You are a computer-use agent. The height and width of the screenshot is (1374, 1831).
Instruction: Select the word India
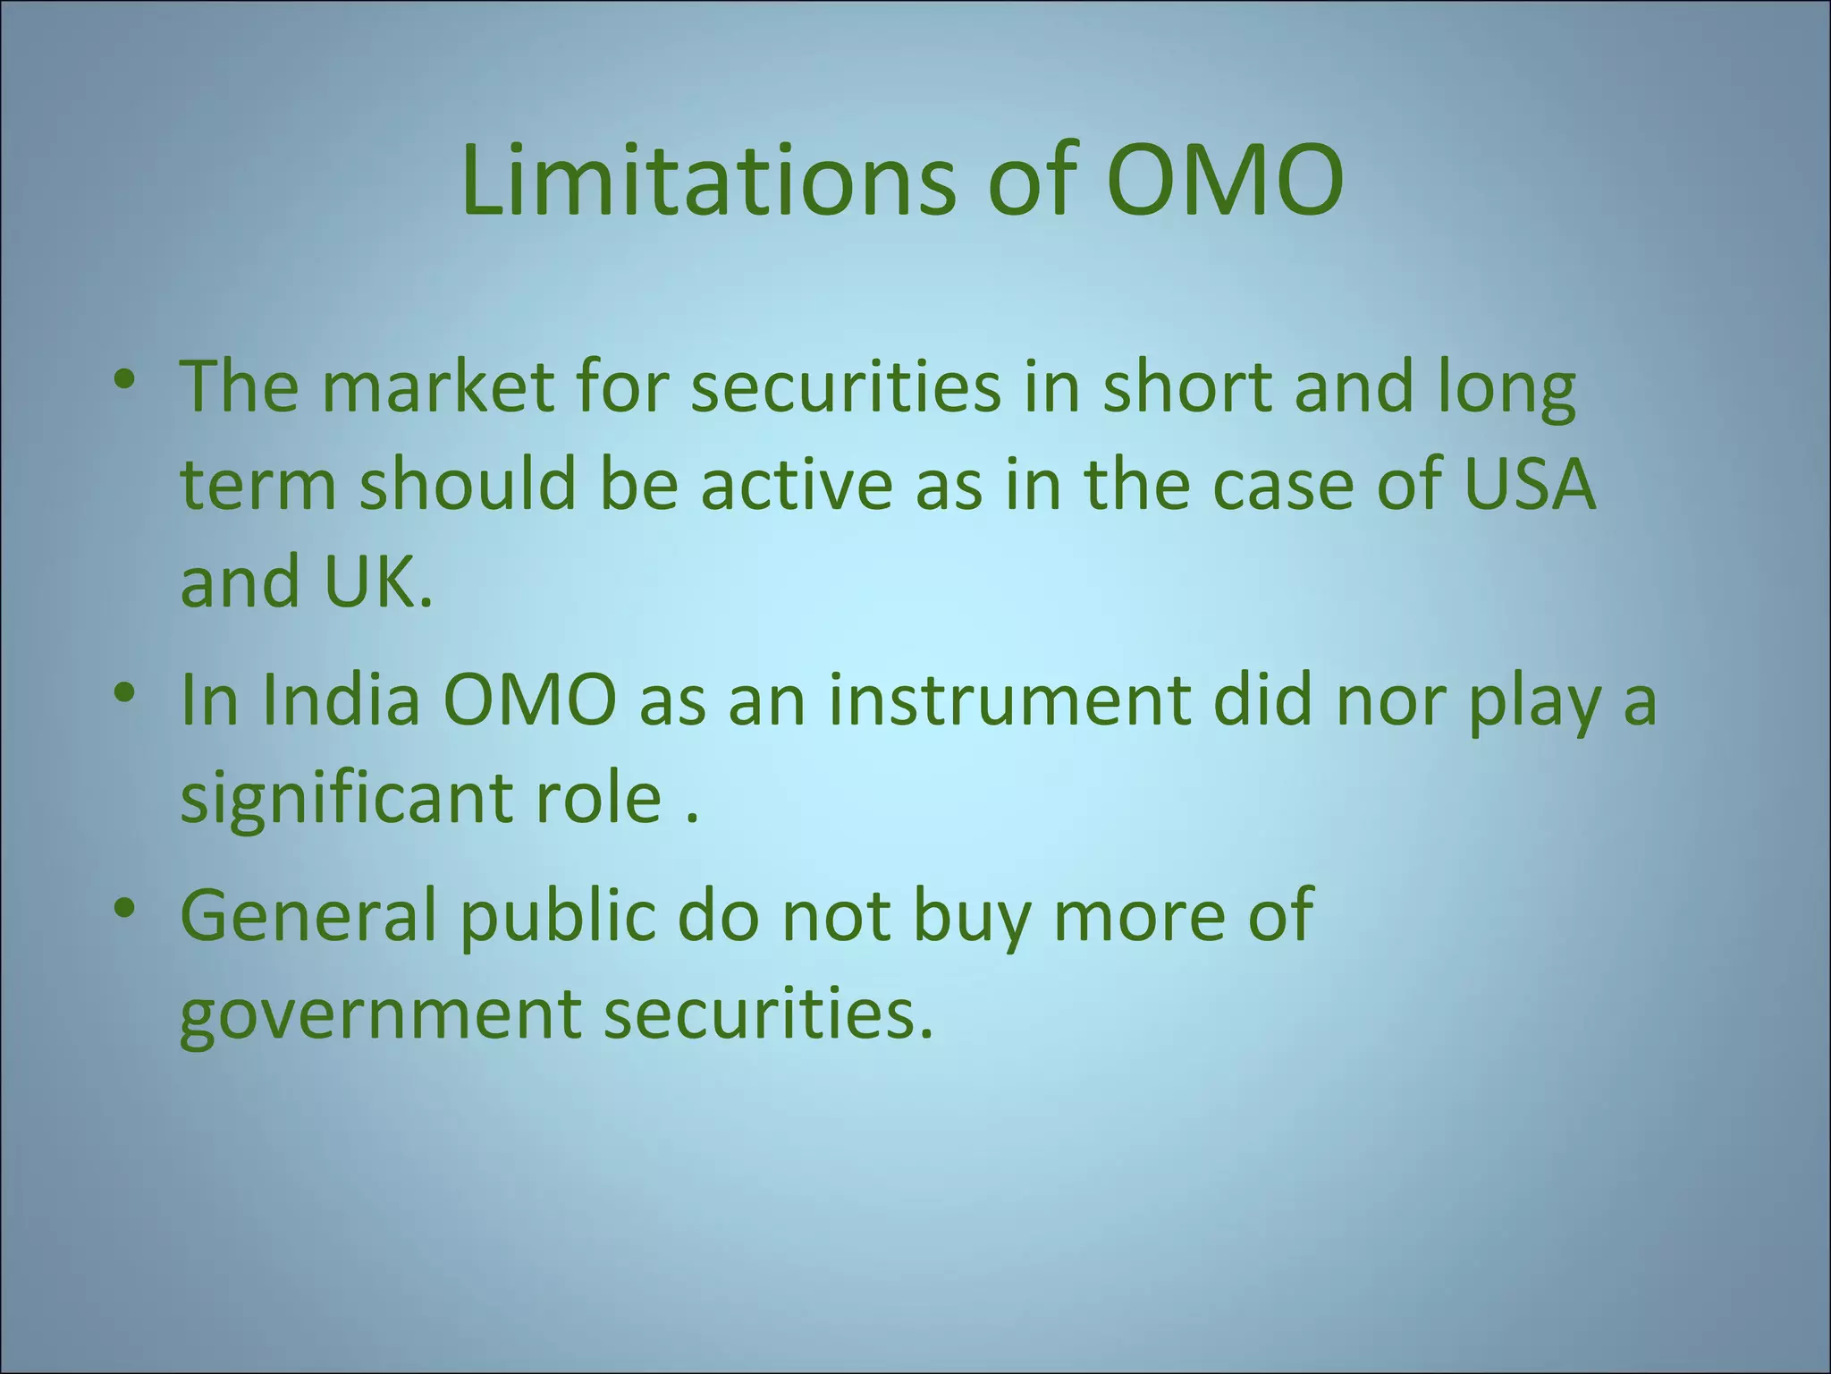[341, 700]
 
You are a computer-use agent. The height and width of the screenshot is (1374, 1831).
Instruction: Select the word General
[308, 916]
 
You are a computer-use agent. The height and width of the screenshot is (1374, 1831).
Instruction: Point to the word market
[437, 386]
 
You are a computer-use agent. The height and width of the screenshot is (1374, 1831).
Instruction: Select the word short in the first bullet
[1187, 386]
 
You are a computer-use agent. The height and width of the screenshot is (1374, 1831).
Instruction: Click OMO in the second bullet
[529, 700]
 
